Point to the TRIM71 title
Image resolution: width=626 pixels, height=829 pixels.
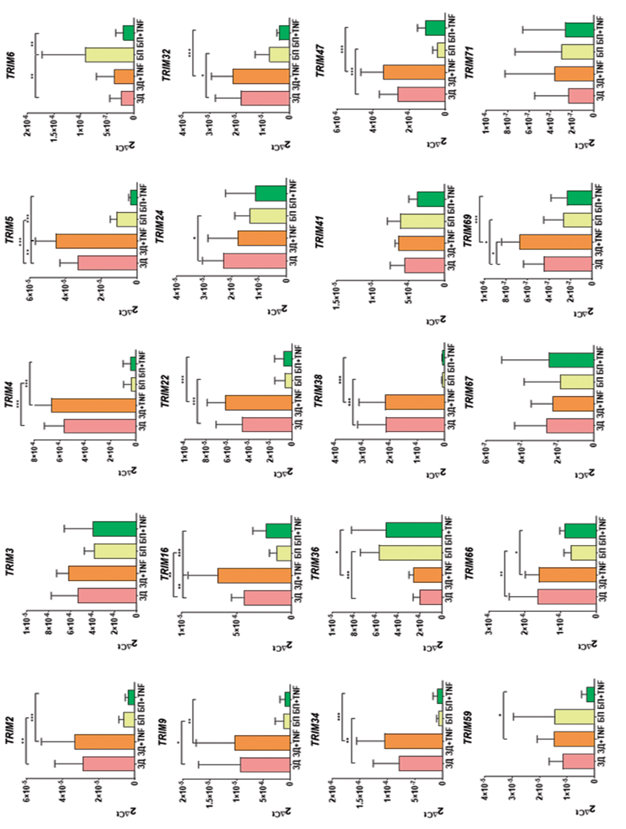point(469,62)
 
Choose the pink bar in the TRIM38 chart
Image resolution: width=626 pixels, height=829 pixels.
point(415,425)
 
